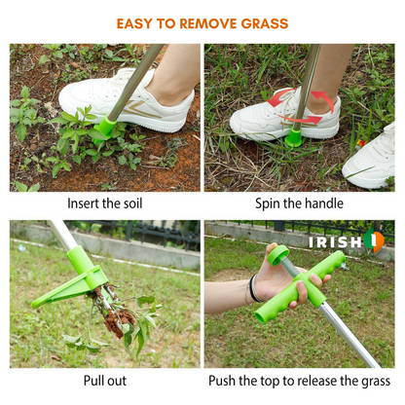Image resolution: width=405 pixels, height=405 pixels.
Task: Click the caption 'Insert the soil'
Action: [x=104, y=204]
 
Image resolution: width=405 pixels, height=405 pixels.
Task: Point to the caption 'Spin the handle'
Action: [x=300, y=204]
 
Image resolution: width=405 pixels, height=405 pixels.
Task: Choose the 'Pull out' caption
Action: [x=104, y=382]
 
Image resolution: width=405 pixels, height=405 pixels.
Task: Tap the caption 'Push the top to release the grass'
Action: [x=300, y=382]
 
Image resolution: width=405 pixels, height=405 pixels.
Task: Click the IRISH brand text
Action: [x=335, y=242]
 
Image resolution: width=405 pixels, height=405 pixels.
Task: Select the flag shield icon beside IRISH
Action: [x=375, y=242]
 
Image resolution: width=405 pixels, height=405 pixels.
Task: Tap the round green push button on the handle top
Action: [x=280, y=254]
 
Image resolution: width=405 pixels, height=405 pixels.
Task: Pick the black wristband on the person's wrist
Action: [x=254, y=288]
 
